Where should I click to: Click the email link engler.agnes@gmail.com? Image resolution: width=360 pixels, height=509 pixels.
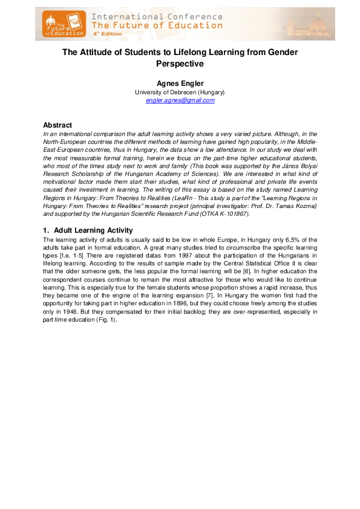click(180, 100)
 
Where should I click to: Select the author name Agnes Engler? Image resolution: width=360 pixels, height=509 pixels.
click(180, 83)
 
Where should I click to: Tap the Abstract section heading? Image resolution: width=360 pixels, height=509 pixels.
click(62, 125)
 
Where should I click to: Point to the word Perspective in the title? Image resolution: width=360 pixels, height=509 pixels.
click(180, 63)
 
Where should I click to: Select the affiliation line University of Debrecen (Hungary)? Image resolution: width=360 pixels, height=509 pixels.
click(180, 92)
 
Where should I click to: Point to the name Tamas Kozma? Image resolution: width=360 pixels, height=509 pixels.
click(296, 206)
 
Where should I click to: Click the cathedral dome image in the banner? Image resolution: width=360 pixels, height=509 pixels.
click(317, 23)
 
